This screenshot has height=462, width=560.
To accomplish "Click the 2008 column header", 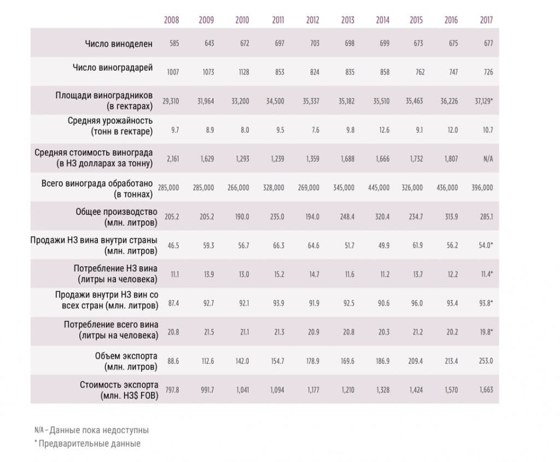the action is [171, 20].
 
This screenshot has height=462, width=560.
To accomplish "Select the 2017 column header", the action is [486, 20].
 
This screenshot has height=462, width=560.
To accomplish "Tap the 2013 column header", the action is [347, 20].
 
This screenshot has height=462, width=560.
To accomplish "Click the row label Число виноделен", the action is [119, 44].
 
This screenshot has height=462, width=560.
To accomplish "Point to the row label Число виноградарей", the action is [113, 67].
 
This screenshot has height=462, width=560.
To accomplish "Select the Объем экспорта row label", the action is [126, 361].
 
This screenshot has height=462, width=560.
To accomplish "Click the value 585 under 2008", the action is [174, 44].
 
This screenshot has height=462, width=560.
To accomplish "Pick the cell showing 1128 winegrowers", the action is [244, 72].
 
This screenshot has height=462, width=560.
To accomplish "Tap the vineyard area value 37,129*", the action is [484, 101].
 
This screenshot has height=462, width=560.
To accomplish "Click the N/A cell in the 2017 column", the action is [488, 159].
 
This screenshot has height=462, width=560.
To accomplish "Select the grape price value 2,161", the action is [173, 159].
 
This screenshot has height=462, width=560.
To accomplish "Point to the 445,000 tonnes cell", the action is [379, 188].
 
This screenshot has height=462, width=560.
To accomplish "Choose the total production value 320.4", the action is [382, 217].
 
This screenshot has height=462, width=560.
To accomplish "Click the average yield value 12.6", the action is [384, 130].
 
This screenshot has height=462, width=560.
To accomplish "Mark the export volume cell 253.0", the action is [486, 361].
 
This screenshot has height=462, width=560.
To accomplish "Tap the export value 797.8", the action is [172, 390].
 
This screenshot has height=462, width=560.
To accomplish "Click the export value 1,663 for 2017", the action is [486, 390].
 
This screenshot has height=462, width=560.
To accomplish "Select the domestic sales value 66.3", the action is [278, 245].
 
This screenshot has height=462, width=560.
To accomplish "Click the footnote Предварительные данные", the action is [89, 444].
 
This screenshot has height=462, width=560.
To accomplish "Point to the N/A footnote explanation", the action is [91, 430].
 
